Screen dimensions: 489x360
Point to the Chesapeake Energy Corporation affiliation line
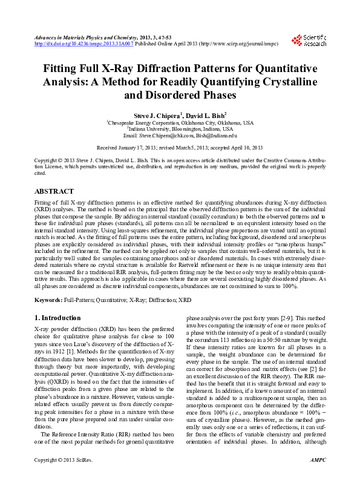click(180, 122)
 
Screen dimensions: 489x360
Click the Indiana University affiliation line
click(180, 129)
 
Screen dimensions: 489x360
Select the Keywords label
click(48, 300)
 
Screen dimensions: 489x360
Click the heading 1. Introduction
click(57, 318)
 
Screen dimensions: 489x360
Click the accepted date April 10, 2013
click(244, 148)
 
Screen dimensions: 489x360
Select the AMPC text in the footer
click(317, 477)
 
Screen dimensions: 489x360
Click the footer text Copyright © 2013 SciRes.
click(62, 477)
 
